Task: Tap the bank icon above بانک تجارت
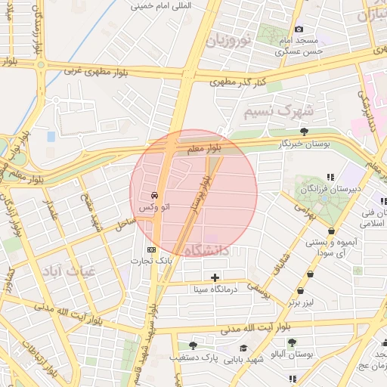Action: coord(151,249)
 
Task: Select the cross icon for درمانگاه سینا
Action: coord(215,277)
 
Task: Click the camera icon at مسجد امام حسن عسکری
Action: coord(299,29)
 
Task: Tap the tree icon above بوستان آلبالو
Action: coord(292,342)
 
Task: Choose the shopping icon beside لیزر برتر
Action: coord(302,291)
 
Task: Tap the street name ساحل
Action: coord(125,223)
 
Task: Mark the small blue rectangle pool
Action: coord(51,137)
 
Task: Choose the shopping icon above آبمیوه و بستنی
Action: coord(331,231)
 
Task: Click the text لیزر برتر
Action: coord(300,303)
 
